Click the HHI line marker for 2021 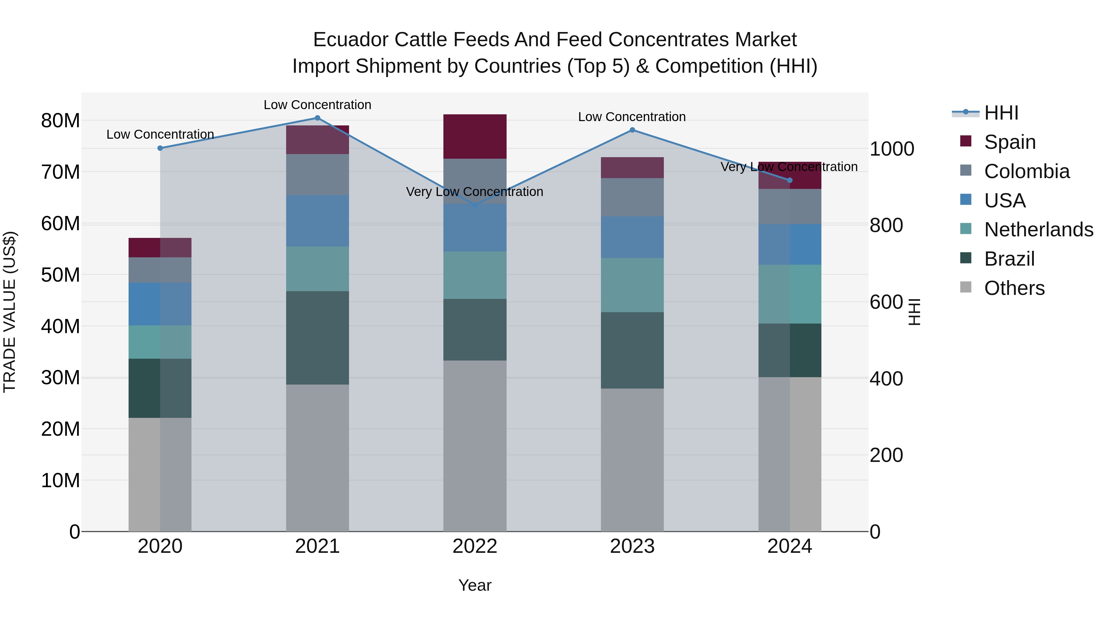click(x=317, y=118)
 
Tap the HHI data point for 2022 click(x=475, y=206)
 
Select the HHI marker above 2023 click(x=632, y=130)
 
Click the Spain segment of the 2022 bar click(x=475, y=137)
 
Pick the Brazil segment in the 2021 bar click(x=317, y=338)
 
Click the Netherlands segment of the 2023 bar click(x=632, y=285)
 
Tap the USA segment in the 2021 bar click(x=317, y=221)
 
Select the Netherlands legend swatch click(x=966, y=229)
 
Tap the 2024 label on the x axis click(x=789, y=546)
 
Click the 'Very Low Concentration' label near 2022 click(x=475, y=192)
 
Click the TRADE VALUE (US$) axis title click(x=10, y=312)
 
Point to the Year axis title click(x=475, y=585)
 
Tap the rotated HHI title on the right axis click(x=914, y=312)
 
